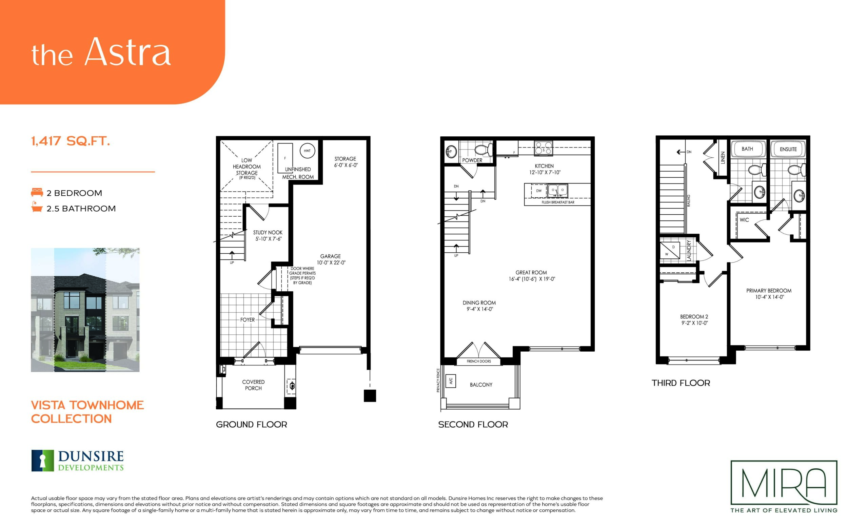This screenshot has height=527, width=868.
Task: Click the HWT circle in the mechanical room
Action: click(307, 151)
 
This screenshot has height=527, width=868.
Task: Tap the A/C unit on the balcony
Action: click(451, 381)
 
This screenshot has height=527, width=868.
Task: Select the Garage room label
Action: click(331, 259)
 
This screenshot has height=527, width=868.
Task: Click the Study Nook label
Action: click(268, 235)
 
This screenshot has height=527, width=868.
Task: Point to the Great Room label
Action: click(532, 275)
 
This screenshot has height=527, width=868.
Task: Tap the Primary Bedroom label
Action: click(769, 294)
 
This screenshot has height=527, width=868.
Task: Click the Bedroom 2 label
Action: click(694, 319)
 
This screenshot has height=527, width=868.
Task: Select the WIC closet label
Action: click(744, 220)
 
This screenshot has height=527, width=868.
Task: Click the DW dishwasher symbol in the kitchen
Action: click(539, 191)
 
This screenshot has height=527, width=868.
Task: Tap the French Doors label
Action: click(479, 361)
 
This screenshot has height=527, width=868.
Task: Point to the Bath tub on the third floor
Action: click(747, 149)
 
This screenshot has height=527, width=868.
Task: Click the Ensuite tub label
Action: click(788, 149)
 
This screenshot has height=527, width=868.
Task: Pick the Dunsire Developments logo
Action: click(78, 461)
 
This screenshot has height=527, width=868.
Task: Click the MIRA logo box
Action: click(784, 482)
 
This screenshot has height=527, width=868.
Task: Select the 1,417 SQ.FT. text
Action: click(71, 141)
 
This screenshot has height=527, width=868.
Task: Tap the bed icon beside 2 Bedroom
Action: click(37, 192)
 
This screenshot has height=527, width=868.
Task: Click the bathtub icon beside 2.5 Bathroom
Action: click(37, 208)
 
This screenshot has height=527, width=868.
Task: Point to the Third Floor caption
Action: click(680, 383)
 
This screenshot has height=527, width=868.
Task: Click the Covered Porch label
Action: click(253, 385)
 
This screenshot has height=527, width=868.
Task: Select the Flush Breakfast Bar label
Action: click(558, 202)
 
